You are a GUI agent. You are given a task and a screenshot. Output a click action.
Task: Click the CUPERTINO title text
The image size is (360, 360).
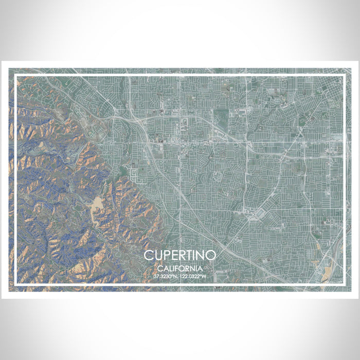pyautogui.click(x=179, y=256)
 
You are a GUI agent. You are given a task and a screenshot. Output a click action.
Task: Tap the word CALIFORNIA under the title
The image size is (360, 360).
pyautogui.click(x=179, y=268)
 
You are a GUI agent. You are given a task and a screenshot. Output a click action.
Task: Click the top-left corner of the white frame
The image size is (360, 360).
pyautogui.click(x=16, y=76)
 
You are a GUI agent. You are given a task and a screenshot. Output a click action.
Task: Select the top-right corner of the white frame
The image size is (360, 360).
pyautogui.click(x=343, y=76)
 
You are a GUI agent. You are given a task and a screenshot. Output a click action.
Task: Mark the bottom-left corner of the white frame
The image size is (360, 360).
pyautogui.click(x=16, y=283)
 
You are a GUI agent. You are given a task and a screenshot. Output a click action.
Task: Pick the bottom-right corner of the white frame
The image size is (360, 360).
pyautogui.click(x=343, y=283)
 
